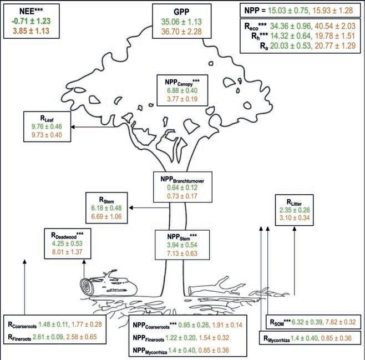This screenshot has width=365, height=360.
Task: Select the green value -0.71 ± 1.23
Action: pyautogui.click(x=32, y=20)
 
